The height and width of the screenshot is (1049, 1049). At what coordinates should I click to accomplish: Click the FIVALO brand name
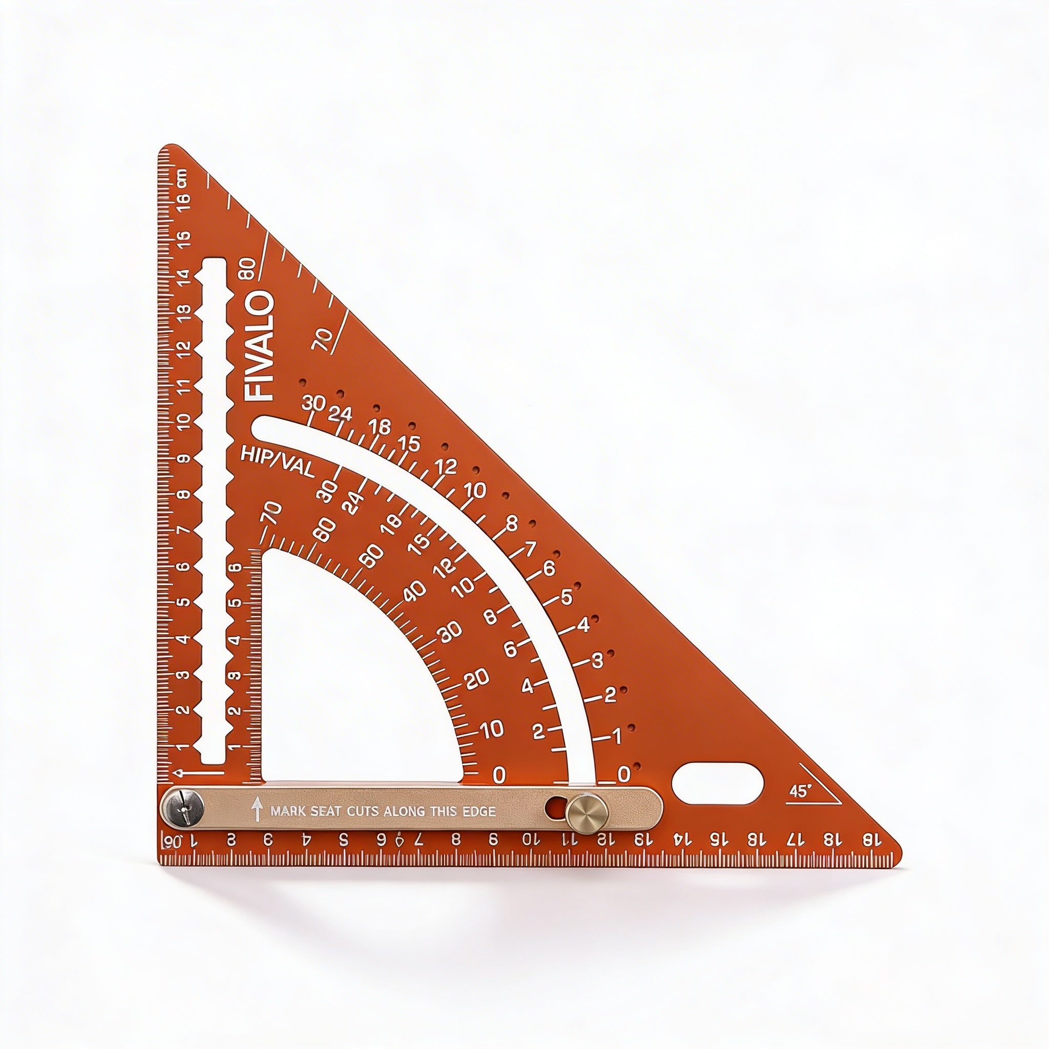260,346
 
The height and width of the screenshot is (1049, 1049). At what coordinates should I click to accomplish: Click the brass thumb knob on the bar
587,816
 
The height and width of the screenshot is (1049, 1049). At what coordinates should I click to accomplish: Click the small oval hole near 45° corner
718,784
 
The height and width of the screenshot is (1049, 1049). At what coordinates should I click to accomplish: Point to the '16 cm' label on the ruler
183,192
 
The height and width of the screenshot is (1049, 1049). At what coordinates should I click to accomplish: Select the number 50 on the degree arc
372,554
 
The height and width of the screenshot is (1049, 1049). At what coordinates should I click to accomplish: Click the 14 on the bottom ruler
679,854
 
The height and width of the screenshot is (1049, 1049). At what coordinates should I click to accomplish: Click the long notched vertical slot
214,511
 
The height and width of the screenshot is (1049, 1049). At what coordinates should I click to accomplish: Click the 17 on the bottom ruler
794,854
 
